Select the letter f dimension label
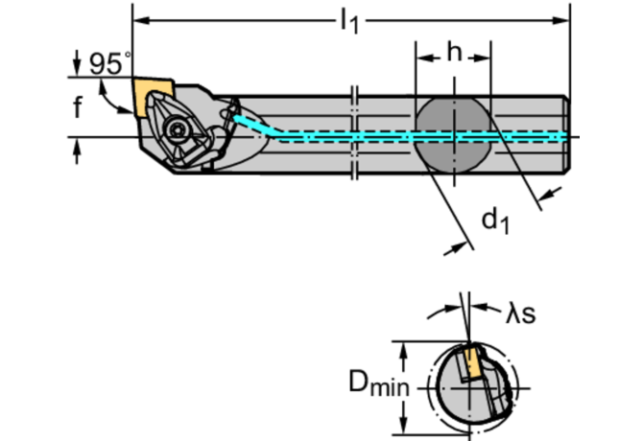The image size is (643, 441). [78, 107]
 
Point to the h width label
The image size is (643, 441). [453, 54]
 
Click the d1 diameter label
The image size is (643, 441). [494, 222]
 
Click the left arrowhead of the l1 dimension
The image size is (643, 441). [138, 19]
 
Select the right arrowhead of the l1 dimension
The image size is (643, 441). [565, 19]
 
